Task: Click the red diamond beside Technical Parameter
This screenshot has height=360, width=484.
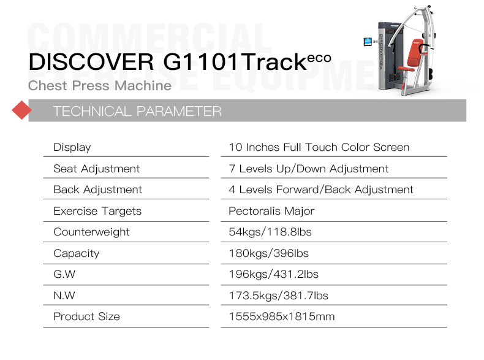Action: point(21,110)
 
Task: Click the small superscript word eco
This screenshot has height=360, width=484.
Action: point(319,58)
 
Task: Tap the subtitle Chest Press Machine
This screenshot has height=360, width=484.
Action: point(100,86)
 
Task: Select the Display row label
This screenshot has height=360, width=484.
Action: point(72,147)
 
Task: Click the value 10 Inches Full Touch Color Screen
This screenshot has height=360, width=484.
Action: point(319,147)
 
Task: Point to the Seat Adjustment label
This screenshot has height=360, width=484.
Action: point(97,169)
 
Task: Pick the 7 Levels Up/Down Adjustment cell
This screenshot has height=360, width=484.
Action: point(308,169)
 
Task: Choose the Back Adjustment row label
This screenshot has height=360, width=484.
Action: point(97,190)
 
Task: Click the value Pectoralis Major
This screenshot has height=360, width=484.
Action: point(271,211)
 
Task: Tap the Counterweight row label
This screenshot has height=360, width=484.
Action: point(91,232)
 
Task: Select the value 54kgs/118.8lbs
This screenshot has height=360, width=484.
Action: point(270,232)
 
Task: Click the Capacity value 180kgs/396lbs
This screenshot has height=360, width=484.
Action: point(268,253)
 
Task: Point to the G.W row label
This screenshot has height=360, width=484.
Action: point(64,274)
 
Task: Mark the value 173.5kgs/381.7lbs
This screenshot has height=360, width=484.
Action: point(278,296)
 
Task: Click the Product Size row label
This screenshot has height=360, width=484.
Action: point(86,316)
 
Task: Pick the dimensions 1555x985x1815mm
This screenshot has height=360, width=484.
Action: point(281,316)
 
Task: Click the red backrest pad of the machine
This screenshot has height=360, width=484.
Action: point(415,53)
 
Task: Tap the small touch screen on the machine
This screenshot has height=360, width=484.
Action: point(368,42)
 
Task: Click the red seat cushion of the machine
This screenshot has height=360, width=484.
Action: point(406,69)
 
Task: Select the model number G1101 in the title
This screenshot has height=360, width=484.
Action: point(200,62)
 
